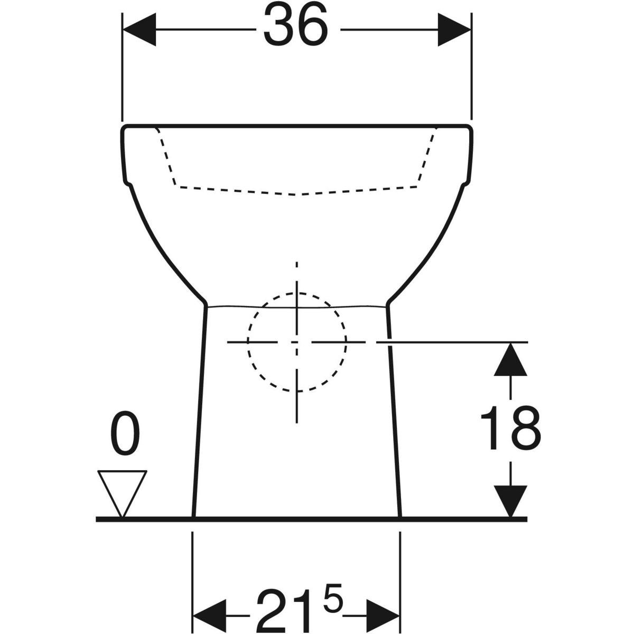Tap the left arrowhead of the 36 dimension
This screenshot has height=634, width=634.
(139, 30)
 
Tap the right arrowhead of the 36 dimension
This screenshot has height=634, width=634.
(454, 30)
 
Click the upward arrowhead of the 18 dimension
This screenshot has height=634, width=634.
(510, 359)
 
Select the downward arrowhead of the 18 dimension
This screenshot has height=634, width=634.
(510, 501)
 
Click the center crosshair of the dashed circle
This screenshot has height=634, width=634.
(297, 342)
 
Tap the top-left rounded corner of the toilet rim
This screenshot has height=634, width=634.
(124, 128)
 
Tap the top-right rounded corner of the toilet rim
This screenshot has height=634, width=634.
(470, 128)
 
